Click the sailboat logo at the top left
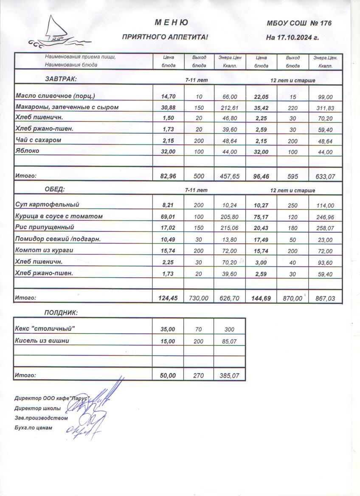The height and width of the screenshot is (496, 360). pyautogui.click(x=57, y=32)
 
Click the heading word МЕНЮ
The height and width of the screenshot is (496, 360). pyautogui.click(x=171, y=23)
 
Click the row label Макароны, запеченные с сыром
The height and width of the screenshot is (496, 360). pyautogui.click(x=67, y=107)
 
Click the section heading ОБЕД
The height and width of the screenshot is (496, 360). pyautogui.click(x=55, y=189)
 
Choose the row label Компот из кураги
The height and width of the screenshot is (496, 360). pyautogui.click(x=44, y=250)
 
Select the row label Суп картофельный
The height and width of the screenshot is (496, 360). pyautogui.click(x=47, y=205)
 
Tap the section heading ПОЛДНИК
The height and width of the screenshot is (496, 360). pyautogui.click(x=61, y=313)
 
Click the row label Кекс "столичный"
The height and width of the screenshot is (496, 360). pyautogui.click(x=46, y=329)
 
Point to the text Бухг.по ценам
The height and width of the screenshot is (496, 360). pyautogui.click(x=33, y=428)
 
